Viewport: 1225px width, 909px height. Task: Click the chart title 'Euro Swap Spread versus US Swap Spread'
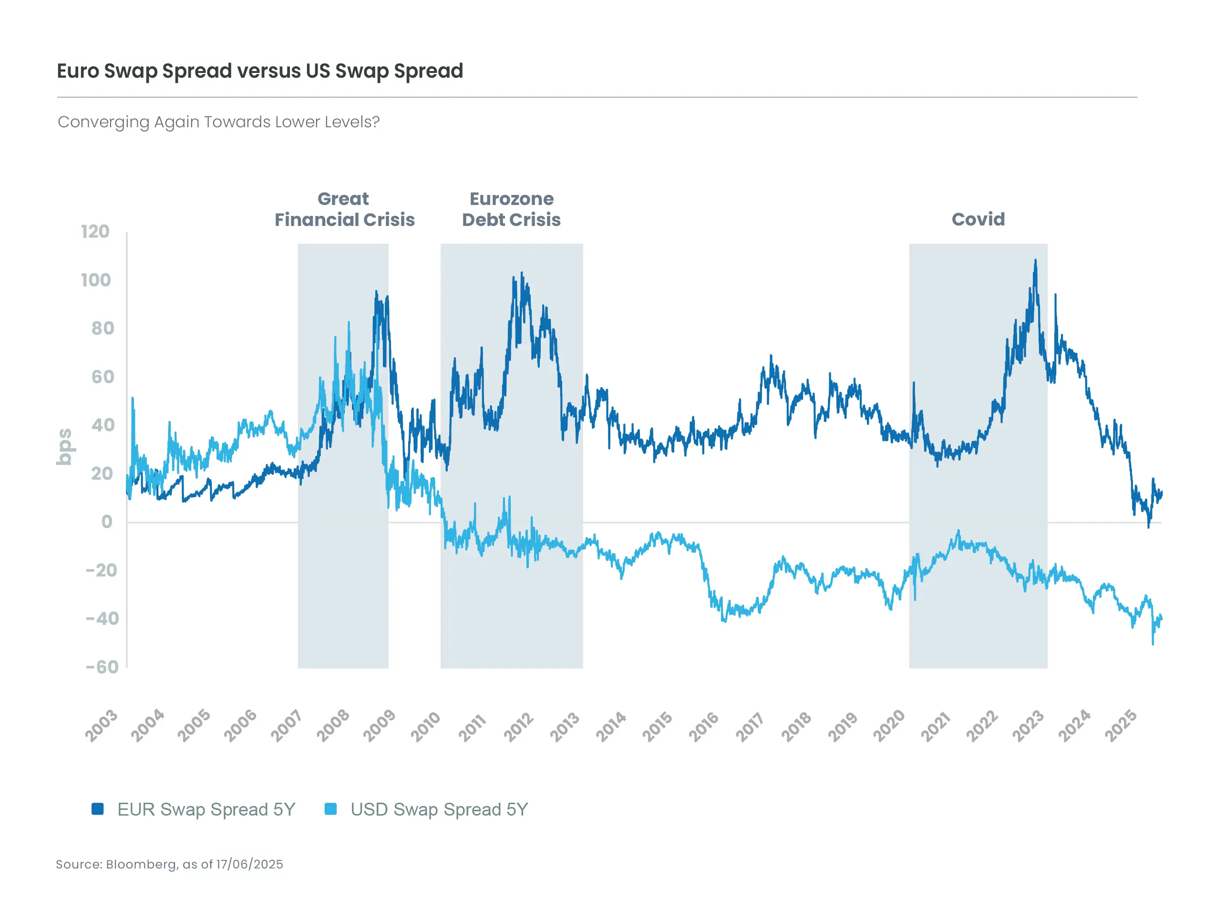tap(260, 71)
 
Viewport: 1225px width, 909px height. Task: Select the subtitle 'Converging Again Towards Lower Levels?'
tap(218, 122)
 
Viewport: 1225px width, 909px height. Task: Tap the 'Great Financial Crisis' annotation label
tap(344, 209)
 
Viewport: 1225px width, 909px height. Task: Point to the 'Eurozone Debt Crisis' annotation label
tap(511, 209)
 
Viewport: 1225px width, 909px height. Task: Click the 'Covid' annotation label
tap(978, 219)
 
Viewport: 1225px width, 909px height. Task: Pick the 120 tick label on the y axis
tap(95, 232)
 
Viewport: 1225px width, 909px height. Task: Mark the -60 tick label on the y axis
tap(103, 667)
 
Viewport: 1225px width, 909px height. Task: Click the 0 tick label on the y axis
tap(107, 521)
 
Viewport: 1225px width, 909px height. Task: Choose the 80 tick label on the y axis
tap(103, 328)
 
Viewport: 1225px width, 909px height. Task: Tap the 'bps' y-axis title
tap(64, 447)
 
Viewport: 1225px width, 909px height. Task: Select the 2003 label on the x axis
tap(101, 726)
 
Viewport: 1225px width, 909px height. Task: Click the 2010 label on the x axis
tap(425, 726)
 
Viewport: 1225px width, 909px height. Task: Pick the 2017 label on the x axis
tap(750, 726)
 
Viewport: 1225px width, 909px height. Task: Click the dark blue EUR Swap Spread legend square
tap(97, 809)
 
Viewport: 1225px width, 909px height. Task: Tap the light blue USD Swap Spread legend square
tap(331, 809)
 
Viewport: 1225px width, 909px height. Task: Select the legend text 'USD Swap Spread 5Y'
tap(439, 809)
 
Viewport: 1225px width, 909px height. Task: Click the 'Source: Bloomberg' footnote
tap(169, 864)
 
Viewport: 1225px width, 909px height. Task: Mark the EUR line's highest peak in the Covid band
tap(1035, 261)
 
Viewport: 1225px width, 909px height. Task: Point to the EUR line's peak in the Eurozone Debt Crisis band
tap(522, 273)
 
